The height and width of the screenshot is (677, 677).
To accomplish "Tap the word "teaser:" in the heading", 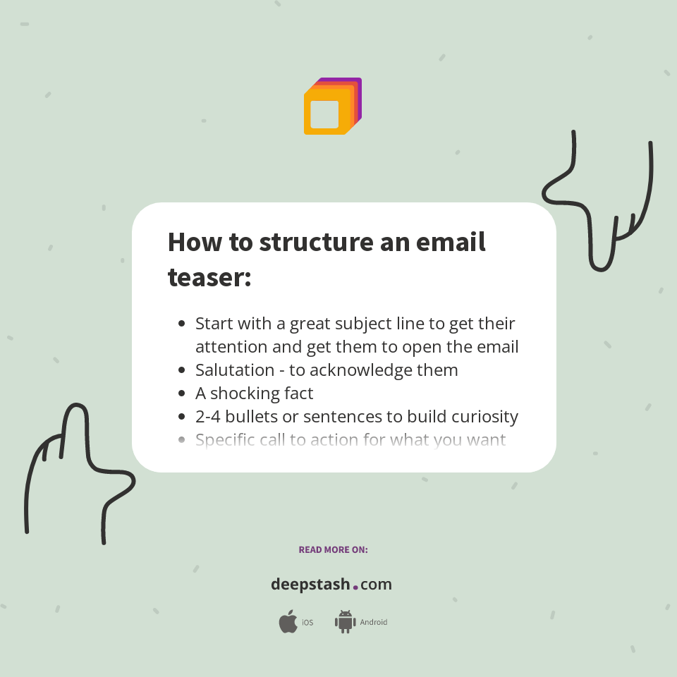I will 209,277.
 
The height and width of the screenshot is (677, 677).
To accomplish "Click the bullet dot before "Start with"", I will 182,324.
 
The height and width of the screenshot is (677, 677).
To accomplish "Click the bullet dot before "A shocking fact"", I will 182,394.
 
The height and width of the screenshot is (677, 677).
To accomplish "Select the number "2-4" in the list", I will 209,417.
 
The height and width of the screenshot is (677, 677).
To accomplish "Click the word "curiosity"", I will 480,417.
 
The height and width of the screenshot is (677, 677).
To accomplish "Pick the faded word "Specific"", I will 225,440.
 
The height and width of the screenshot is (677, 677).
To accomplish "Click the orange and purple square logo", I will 332,106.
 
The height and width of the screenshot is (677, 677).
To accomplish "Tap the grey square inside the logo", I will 324,114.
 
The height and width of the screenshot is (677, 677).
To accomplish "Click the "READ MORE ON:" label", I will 333,549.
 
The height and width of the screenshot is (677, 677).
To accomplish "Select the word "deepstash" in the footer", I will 310,585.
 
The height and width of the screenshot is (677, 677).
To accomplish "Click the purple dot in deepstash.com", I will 355,587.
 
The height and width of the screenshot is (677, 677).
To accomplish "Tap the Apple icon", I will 288,622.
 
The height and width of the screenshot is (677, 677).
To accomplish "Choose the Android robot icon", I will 345,622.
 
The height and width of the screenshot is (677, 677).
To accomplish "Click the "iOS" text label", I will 307,623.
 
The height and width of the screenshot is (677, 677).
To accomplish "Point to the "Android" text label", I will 374,623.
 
